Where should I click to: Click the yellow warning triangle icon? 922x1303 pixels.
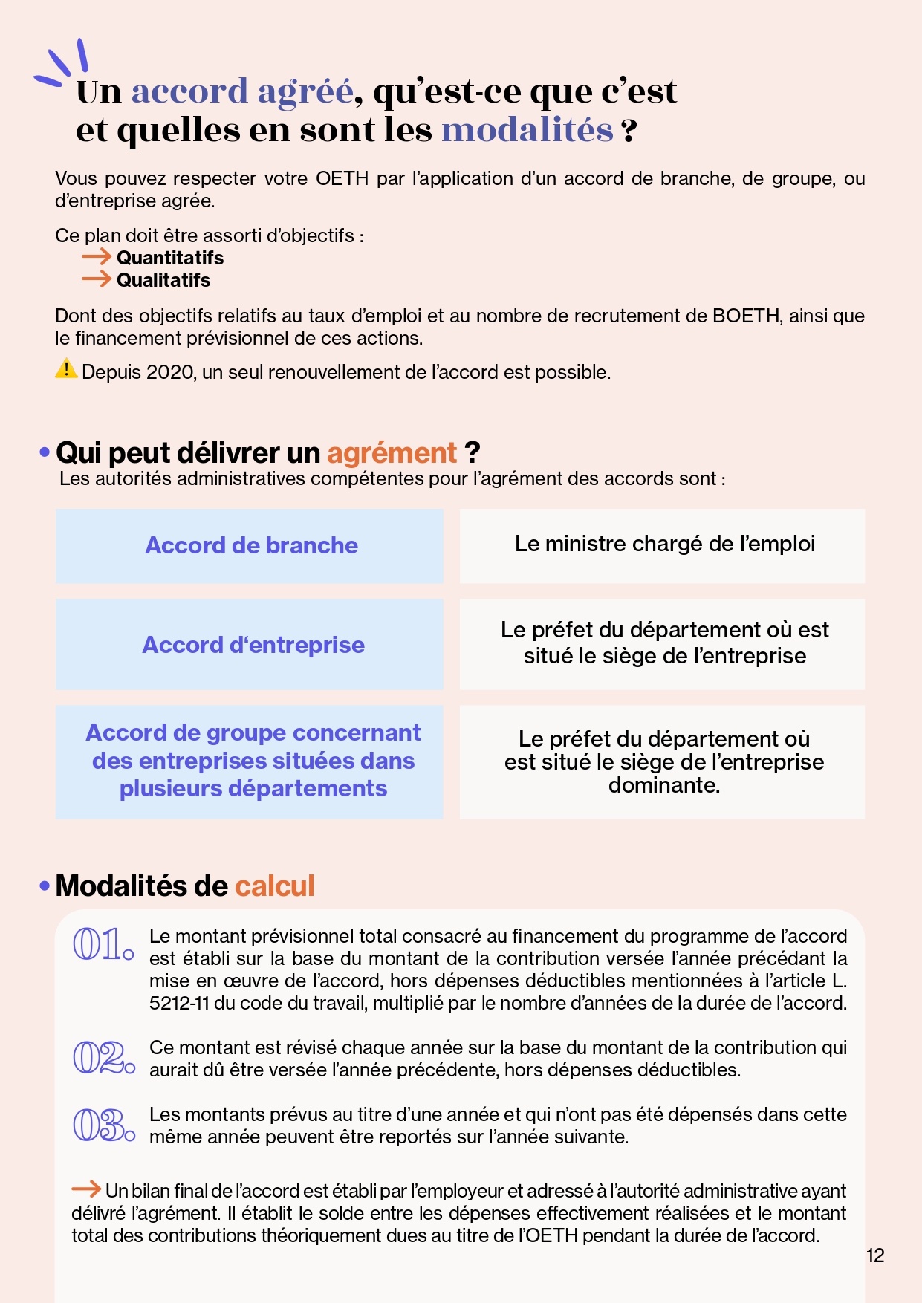(66, 368)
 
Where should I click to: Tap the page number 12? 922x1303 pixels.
(876, 1255)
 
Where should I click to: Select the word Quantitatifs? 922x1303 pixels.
(170, 258)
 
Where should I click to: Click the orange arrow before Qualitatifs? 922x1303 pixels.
(96, 279)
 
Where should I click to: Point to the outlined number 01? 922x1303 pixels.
(103, 944)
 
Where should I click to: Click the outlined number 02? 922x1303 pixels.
(103, 1057)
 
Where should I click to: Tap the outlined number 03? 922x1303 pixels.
(103, 1125)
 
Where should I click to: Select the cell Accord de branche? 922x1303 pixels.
(251, 545)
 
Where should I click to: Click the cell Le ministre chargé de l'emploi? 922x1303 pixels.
(664, 544)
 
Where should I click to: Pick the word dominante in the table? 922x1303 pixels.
(663, 785)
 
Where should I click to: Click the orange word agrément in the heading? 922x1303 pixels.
(392, 453)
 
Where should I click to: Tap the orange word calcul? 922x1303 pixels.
(275, 886)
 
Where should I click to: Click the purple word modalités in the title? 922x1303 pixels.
(527, 130)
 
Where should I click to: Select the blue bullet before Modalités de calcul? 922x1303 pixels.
(45, 886)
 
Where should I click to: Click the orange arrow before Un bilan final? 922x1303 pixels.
(86, 1189)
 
